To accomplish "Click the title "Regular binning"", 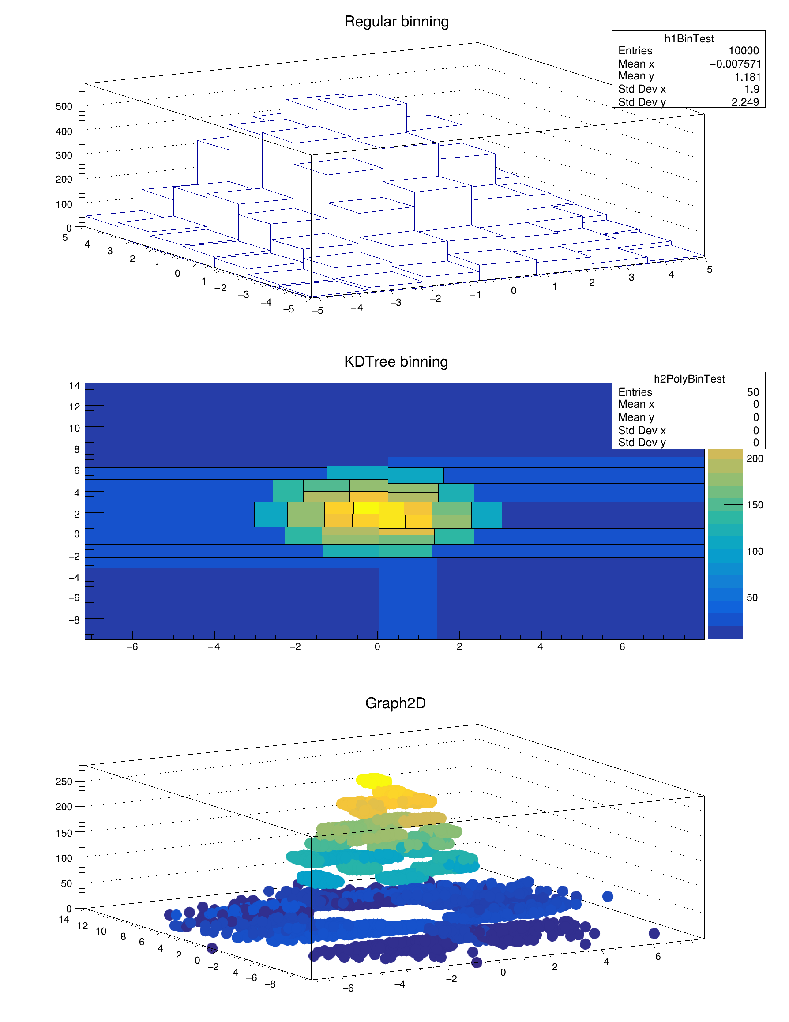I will click(x=396, y=22).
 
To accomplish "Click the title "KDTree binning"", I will click(x=396, y=362).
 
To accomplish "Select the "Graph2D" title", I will click(x=395, y=703).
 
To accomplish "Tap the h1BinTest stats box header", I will click(x=689, y=38).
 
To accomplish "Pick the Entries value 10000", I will click(x=744, y=51).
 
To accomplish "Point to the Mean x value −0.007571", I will click(x=735, y=64).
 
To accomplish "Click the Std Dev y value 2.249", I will click(x=745, y=102).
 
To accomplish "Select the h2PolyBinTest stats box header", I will click(x=689, y=379).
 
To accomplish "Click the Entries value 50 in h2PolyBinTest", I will click(x=752, y=392).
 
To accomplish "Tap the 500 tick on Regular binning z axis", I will click(x=64, y=106).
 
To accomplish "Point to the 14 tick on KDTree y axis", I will click(x=75, y=386).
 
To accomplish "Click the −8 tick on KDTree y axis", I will click(x=75, y=620).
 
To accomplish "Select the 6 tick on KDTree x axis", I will click(x=622, y=647).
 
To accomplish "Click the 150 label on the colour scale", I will click(x=755, y=505).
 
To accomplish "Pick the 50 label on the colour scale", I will click(x=752, y=597).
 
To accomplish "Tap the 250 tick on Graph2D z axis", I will click(x=64, y=782).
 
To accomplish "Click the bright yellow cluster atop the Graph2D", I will click(x=374, y=780).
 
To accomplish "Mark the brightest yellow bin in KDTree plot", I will click(x=366, y=508).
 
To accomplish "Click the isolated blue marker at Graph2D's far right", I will click(x=654, y=934).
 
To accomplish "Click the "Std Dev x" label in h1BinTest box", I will click(x=642, y=89).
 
